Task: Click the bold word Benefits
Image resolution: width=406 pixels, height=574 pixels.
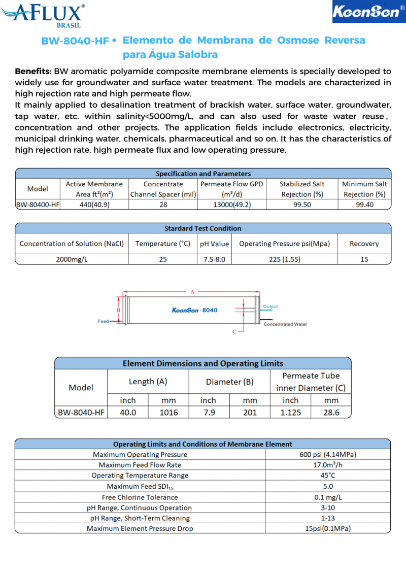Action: coord(33,71)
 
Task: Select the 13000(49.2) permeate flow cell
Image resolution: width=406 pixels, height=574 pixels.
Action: coord(231,205)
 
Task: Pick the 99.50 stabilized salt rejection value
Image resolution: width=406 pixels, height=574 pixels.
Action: coord(302,205)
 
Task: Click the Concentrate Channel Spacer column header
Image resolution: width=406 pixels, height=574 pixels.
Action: coord(163,189)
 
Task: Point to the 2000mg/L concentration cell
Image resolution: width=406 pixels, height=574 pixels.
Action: coord(72,259)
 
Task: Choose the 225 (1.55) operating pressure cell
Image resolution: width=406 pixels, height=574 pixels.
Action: coord(284,259)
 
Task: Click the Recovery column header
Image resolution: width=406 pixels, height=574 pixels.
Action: coord(364,244)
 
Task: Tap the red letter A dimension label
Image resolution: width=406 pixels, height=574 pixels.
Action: coord(192,292)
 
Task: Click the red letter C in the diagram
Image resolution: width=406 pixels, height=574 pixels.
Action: coord(234,332)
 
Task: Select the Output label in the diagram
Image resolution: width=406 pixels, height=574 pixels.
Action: coord(270,307)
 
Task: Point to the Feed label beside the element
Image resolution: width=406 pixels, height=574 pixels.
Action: coord(103,321)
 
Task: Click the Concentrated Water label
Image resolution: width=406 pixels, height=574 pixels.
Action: coord(285,324)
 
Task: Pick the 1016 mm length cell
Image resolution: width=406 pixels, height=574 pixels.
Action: coord(168,413)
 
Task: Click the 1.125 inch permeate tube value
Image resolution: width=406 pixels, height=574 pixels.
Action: coord(290,413)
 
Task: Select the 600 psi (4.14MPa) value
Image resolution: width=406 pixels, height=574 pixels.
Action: coord(328,455)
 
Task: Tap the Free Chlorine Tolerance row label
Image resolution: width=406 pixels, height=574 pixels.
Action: coord(140,497)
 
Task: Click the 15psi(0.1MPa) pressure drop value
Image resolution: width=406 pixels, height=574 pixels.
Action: coord(328,528)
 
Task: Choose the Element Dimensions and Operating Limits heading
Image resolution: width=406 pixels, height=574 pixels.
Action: coord(203,363)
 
